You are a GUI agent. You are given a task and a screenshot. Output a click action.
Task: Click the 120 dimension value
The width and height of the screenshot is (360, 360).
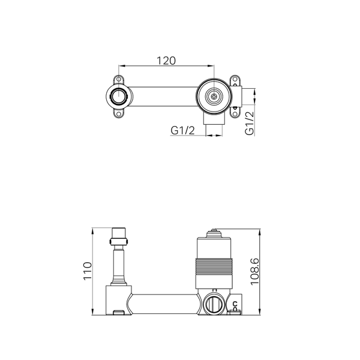166,61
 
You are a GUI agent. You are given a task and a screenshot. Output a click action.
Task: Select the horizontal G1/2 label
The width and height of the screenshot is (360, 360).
182,130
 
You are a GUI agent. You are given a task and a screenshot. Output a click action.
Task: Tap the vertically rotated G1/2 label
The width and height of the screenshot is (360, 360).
250,123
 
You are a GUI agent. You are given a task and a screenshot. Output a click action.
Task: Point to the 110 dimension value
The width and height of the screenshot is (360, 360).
88,271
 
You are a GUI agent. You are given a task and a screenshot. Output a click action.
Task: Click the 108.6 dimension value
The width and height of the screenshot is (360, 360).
254,272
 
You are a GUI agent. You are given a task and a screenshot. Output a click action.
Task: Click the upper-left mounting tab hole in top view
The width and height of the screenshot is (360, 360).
119,79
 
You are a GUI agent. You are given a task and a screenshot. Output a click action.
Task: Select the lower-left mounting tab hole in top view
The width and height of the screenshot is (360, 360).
119,114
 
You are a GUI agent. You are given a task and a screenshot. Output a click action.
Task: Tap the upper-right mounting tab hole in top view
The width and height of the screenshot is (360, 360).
235,79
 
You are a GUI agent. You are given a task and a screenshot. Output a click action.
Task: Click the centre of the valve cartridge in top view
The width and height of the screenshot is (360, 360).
214,97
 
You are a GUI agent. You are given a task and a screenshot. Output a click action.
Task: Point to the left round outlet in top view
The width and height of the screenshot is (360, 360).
119,97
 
